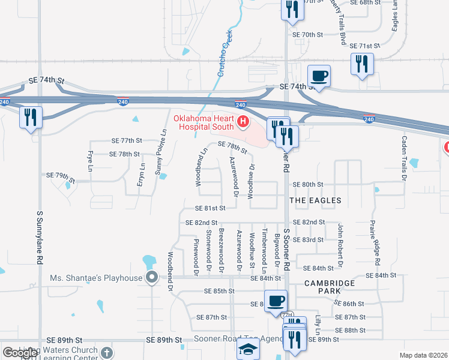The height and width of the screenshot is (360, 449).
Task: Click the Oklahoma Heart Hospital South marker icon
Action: (243, 122)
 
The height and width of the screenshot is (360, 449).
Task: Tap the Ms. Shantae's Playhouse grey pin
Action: (152, 277)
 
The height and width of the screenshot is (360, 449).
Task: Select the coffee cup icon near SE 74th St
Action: (319, 76)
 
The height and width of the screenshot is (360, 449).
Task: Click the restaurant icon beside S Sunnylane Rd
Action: (31, 116)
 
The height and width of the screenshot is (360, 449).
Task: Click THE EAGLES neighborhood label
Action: (315, 200)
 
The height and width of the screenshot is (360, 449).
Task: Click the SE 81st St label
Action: (210, 208)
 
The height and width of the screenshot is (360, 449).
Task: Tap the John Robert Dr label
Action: (340, 245)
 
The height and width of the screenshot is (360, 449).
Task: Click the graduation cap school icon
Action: (249, 349)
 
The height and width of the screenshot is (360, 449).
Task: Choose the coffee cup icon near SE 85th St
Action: (276, 301)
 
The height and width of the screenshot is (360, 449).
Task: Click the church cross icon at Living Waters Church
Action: (107, 352)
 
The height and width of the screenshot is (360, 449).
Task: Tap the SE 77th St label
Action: (126, 140)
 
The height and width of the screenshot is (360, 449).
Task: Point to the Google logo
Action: (20, 353)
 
